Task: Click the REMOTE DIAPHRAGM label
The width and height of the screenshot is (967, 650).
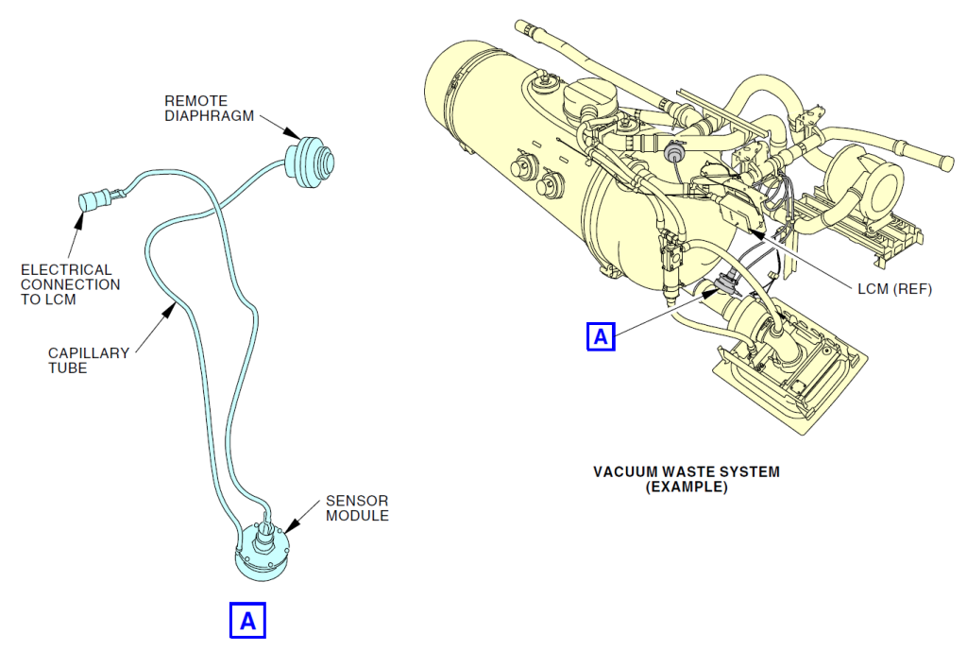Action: coord(195,109)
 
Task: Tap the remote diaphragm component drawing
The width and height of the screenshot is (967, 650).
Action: coord(312,160)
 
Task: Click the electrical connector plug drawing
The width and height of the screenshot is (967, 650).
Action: coord(95,200)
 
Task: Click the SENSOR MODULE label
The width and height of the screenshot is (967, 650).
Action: coord(357,507)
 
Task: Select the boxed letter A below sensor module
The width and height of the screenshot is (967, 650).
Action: coord(248,620)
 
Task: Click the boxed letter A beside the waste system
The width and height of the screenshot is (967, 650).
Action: coord(602,335)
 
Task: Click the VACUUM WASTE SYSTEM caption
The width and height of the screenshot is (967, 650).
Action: coord(687,471)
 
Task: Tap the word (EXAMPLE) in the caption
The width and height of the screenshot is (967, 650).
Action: coord(687,487)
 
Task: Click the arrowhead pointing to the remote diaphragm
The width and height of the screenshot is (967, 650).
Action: coord(288,136)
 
